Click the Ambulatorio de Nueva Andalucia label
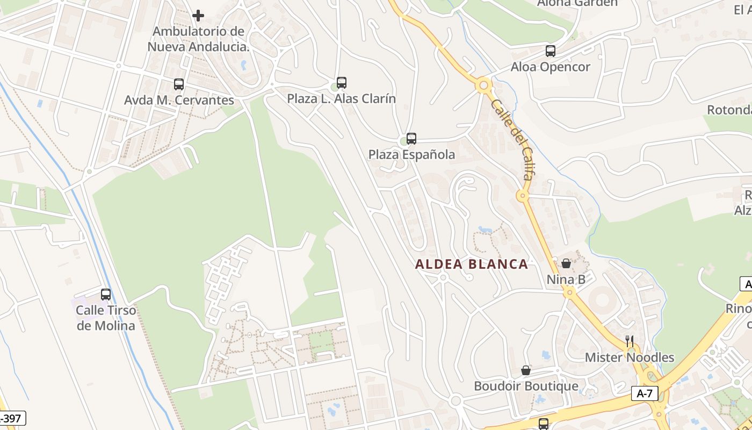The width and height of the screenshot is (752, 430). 199,39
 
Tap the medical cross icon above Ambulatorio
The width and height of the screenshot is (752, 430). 198,16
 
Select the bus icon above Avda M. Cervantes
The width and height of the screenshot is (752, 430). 179,84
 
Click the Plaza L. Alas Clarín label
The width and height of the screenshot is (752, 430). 341,99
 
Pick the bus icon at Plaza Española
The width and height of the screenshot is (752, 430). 411,139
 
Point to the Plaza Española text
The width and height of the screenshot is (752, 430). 411,155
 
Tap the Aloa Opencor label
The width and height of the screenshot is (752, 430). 550,67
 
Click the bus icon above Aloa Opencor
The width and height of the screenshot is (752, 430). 551,51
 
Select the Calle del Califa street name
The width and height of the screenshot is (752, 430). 514,138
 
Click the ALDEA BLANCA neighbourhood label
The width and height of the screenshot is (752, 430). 472,264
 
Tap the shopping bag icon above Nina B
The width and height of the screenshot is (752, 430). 566,263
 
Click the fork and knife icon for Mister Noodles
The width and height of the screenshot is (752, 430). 630,341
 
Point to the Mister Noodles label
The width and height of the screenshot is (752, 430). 629,357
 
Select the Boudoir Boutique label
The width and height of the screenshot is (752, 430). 526,386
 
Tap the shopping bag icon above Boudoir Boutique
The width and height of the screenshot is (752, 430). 526,370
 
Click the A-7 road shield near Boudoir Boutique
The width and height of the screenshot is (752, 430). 645,393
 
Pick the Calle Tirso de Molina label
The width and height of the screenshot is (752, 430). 106,318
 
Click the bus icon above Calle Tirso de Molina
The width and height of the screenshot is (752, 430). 106,295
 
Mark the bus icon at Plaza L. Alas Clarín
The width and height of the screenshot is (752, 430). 342,83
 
